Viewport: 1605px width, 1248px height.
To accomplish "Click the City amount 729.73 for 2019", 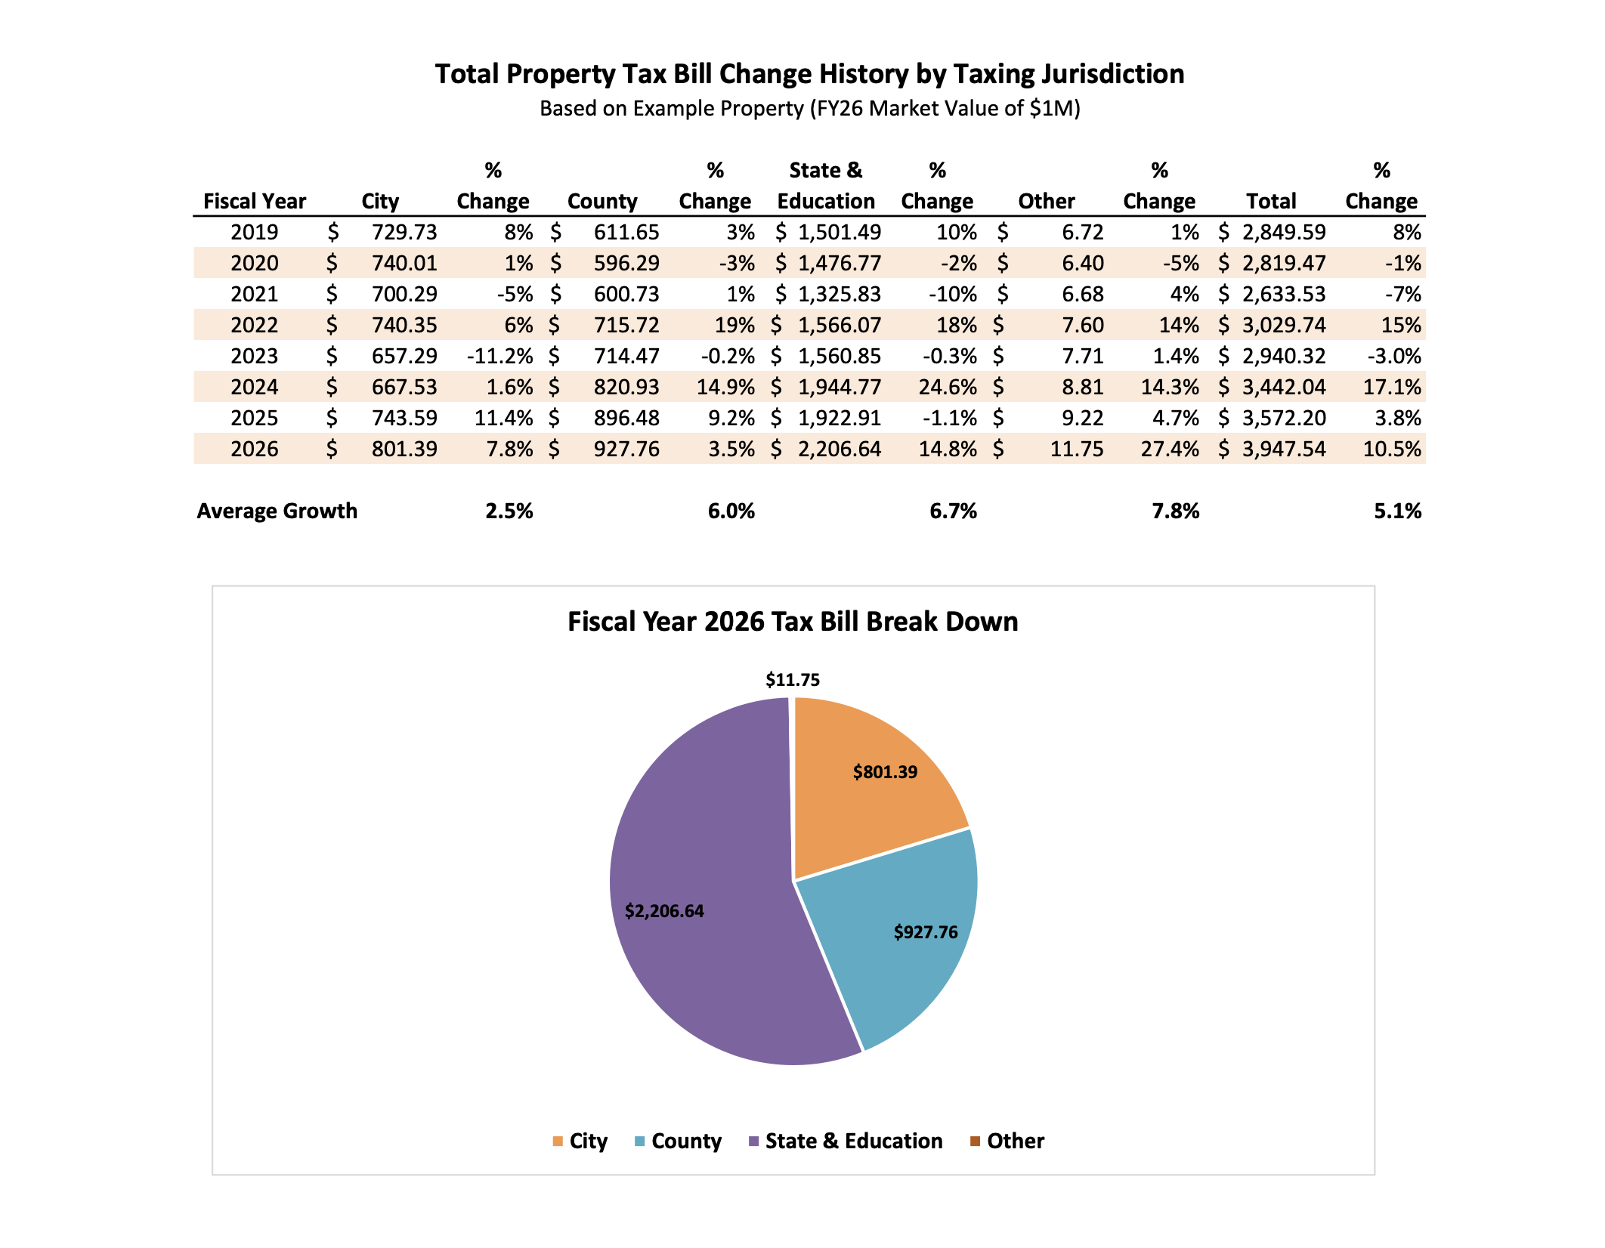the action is point(404,232).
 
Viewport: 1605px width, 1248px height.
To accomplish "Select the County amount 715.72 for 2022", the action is point(626,325).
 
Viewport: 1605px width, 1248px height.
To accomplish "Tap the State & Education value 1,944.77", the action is point(840,387).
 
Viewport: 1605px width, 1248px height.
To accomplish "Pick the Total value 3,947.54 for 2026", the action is point(1284,449).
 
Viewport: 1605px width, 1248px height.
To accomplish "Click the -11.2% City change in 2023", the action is point(499,356).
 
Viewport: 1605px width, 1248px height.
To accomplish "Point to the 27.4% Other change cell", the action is point(1170,449).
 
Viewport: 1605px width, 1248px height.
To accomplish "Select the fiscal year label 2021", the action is point(255,294).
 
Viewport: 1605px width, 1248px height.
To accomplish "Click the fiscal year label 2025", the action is point(255,418).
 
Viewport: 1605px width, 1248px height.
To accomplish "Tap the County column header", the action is point(602,201).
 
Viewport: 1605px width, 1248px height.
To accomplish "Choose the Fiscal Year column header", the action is point(255,201).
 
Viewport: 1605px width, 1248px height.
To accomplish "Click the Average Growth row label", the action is point(277,511).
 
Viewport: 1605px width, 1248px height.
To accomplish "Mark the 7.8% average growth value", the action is point(1176,511).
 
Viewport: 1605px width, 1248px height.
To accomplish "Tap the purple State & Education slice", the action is point(703,891).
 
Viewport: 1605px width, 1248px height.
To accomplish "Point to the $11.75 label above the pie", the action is point(793,679).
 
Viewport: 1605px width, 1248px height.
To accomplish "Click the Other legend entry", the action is point(1007,1141).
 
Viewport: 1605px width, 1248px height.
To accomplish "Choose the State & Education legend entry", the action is point(846,1141).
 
